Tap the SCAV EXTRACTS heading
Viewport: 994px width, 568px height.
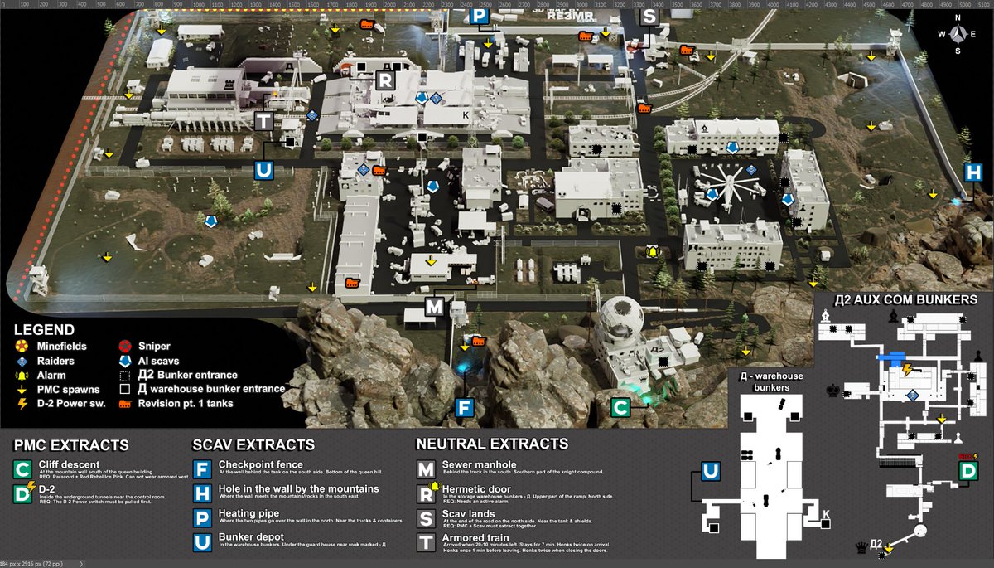pos(253,445)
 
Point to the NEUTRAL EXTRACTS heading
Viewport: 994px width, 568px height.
pos(492,444)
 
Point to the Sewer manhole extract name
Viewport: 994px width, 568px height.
pos(480,464)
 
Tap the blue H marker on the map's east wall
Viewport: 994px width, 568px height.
pos(972,173)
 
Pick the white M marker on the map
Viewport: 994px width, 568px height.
pos(434,307)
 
